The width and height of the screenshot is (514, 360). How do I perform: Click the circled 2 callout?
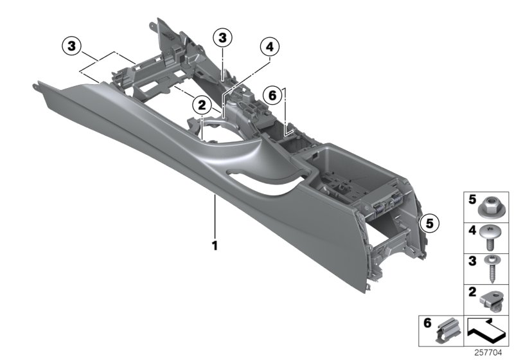pos(201,104)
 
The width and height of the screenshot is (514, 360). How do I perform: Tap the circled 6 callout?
pos(272,95)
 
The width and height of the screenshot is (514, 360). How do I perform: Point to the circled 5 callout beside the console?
pos(428,223)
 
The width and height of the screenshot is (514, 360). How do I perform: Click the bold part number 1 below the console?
pos(215,245)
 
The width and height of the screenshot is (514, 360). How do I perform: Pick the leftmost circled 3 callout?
pos(72,45)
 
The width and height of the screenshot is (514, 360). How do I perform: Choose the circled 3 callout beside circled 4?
pos(223,39)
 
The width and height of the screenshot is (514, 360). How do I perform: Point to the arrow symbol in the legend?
pos(486,330)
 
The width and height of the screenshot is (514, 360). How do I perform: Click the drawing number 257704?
pos(492,352)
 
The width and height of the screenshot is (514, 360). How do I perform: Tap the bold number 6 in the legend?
pos(427,323)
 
